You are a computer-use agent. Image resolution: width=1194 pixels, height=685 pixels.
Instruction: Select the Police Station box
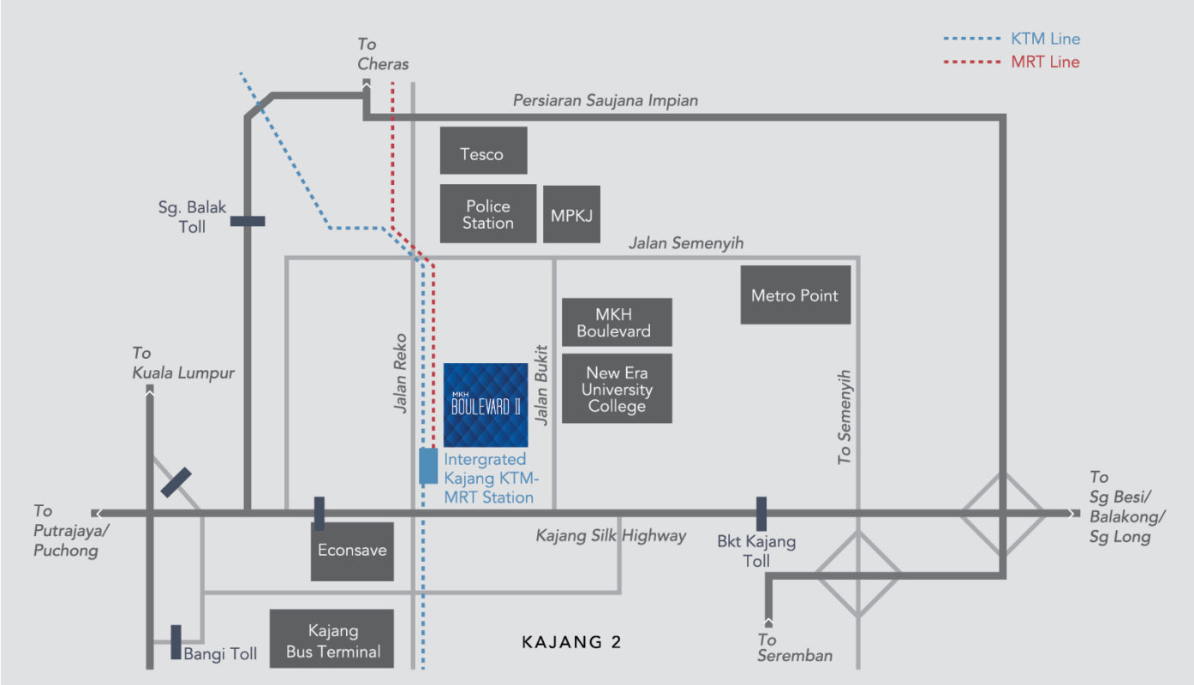coord(488,214)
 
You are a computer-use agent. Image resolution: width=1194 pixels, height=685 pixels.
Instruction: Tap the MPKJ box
coord(571,214)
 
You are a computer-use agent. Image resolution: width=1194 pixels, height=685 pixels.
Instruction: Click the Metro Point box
coord(795,295)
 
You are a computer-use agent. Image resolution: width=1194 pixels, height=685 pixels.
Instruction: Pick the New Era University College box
coord(617,389)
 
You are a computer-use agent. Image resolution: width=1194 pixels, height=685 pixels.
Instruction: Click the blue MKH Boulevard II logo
coord(486,404)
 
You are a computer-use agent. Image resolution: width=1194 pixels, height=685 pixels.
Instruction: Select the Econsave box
coord(352,551)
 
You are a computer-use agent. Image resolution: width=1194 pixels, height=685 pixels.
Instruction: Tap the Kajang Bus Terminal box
coord(332,640)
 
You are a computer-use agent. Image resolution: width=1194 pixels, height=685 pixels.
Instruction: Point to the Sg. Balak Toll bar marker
coord(248,221)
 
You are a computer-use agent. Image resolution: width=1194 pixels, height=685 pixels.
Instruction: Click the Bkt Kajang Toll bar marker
coord(761,514)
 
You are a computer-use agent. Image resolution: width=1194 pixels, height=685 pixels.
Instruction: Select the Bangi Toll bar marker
coord(176,641)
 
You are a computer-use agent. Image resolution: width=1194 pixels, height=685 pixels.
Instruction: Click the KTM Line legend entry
coord(1011,39)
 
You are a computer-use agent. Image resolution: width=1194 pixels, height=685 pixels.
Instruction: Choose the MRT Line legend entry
coord(1011,62)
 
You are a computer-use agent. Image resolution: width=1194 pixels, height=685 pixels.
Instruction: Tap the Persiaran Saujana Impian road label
coord(605,100)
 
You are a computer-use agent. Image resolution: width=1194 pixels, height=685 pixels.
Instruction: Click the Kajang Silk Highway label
coord(611,536)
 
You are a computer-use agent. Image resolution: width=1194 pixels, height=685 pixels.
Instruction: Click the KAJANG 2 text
coord(571,642)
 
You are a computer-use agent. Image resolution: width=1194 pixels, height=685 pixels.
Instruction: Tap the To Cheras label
coord(383,54)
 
